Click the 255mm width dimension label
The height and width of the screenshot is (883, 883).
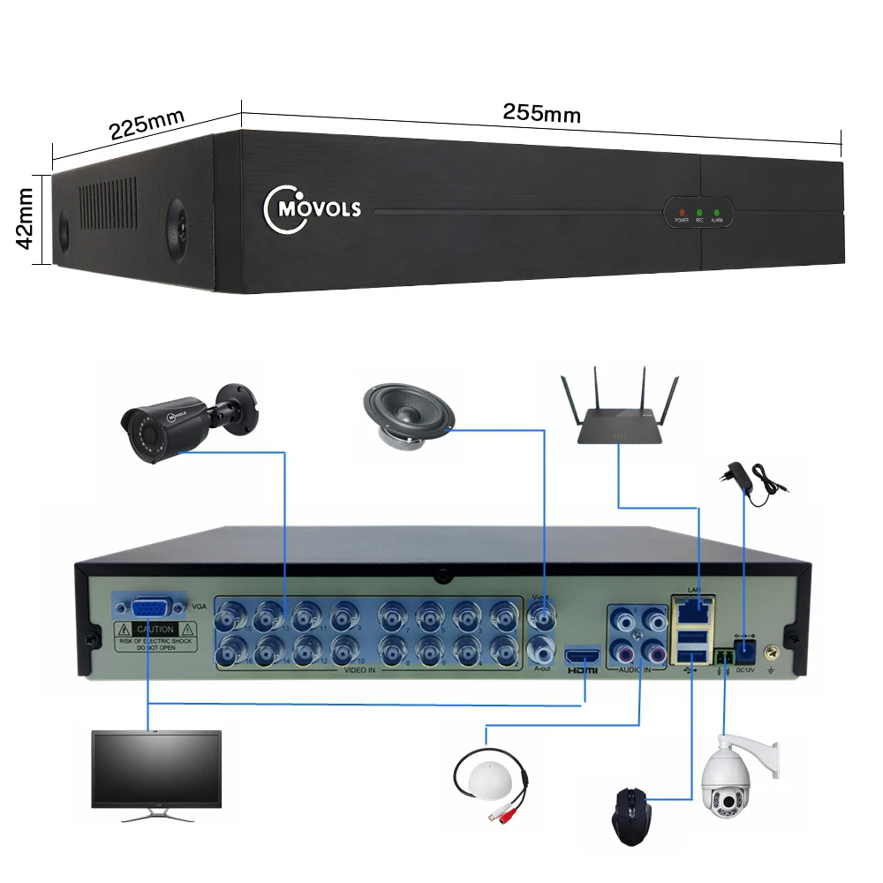541,114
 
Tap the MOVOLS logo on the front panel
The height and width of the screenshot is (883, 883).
313,208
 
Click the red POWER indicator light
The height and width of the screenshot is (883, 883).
682,212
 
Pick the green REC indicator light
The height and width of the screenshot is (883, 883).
699,212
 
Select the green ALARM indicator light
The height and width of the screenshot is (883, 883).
717,212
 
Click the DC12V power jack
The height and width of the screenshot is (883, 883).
743,654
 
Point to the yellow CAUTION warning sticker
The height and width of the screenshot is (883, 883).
155,637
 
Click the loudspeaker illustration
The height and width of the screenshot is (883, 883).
408,415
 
